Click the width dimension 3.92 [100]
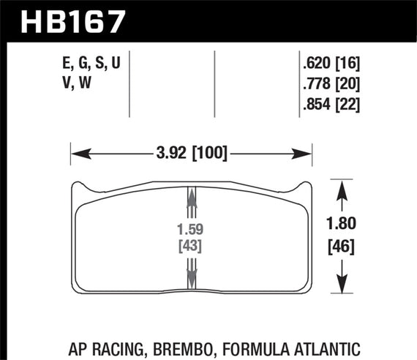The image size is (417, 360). pos(190,154)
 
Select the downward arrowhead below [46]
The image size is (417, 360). pos(340,284)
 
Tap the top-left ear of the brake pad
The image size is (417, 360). pos(78,189)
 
